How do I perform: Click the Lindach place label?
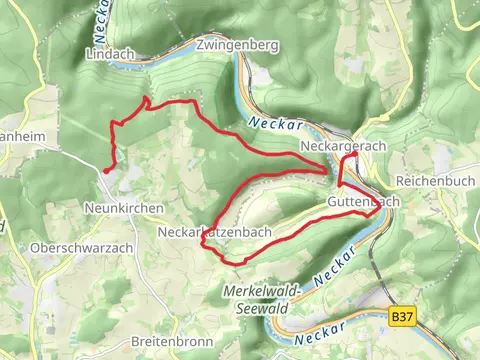coord(110,52)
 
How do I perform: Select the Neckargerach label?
coord(343,146)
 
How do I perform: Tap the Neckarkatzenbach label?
coord(214,232)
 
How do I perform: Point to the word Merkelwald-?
coord(258,292)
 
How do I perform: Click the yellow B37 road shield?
coord(402,317)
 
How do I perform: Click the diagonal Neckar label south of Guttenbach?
coord(334,263)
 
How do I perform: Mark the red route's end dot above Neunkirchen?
coord(106,171)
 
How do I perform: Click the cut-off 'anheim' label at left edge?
coord(18,137)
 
